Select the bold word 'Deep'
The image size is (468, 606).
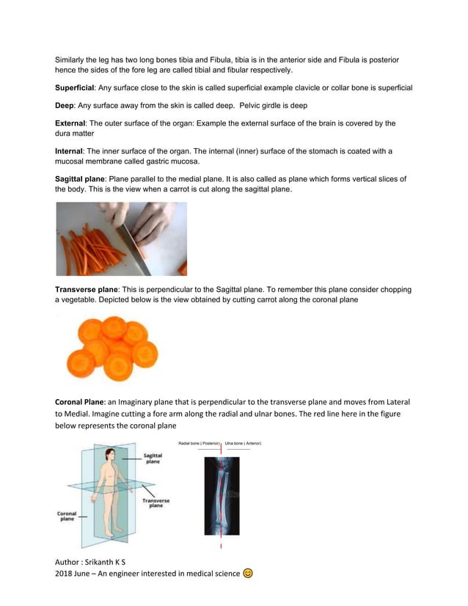tap(65, 105)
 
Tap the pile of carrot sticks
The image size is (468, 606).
tap(88, 249)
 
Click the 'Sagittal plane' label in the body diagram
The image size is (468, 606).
tap(153, 459)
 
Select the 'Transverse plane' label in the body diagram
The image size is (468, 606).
tap(156, 503)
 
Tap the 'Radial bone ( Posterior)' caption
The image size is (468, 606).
tap(199, 443)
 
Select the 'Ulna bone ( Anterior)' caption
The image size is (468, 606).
tap(243, 443)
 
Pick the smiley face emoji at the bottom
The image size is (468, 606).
tap(248, 573)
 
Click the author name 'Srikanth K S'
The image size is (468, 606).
tap(109, 561)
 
